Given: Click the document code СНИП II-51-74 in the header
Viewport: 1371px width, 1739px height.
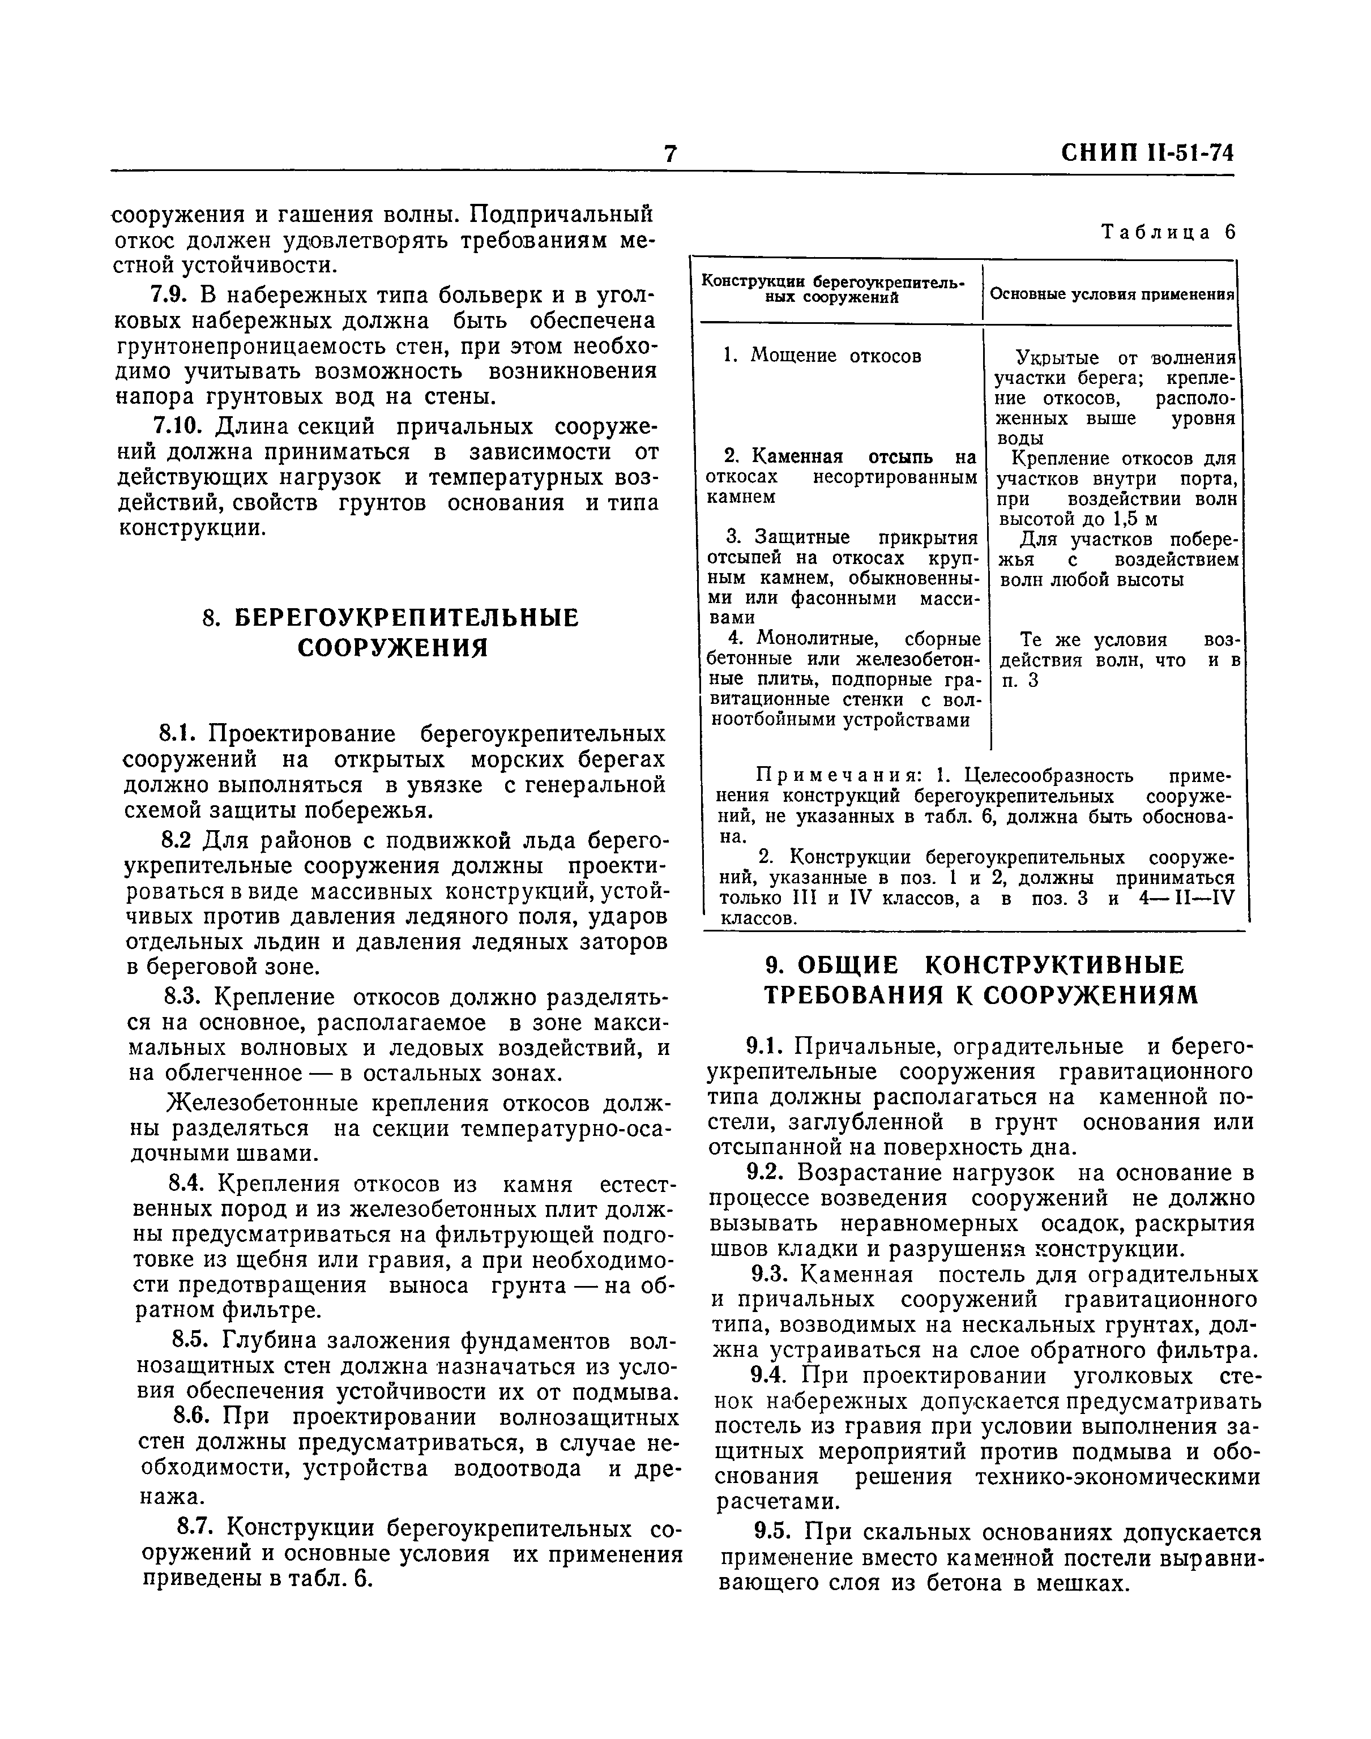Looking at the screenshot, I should pyautogui.click(x=1147, y=152).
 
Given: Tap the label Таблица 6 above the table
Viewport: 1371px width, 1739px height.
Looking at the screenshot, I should pyautogui.click(x=1168, y=232).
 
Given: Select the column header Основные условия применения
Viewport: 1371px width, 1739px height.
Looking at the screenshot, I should pyautogui.click(x=1112, y=294).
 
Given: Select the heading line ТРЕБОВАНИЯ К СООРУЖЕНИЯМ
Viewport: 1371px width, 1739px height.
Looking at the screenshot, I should pyautogui.click(x=980, y=995).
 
